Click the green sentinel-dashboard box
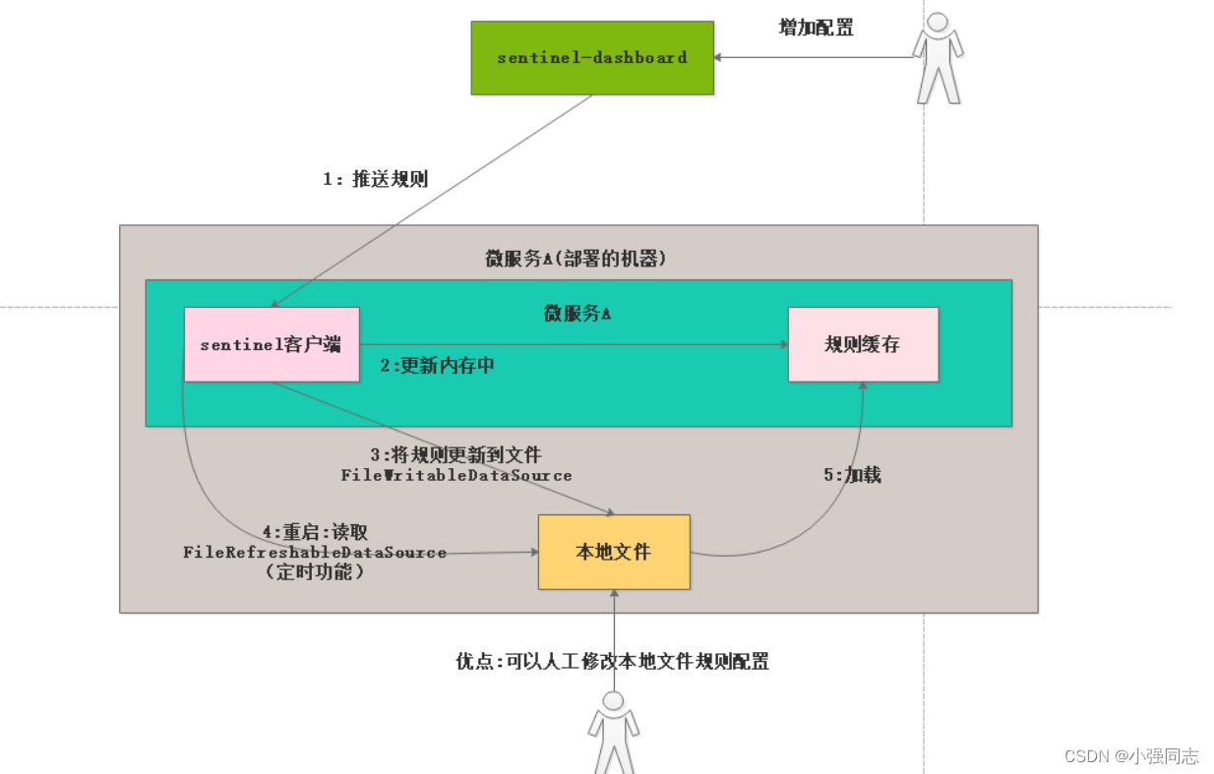pos(592,58)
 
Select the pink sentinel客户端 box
pos(272,344)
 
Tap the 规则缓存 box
pos(863,344)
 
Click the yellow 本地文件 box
pos(614,553)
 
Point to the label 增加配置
pos(816,28)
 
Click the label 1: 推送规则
pos(376,179)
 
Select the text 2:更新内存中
pos(437,366)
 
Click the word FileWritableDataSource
pos(456,475)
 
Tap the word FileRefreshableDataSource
pos(315,553)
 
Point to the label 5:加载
pos(852,475)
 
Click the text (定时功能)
pos(315,571)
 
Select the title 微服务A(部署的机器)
pos(577,259)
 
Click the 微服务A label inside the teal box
pos(577,314)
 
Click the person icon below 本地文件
pos(614,733)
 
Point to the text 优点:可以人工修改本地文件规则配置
pos(612,662)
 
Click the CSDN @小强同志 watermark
pos(1131,755)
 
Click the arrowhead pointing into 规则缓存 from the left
pos(783,344)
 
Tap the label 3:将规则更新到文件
pos(455,455)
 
